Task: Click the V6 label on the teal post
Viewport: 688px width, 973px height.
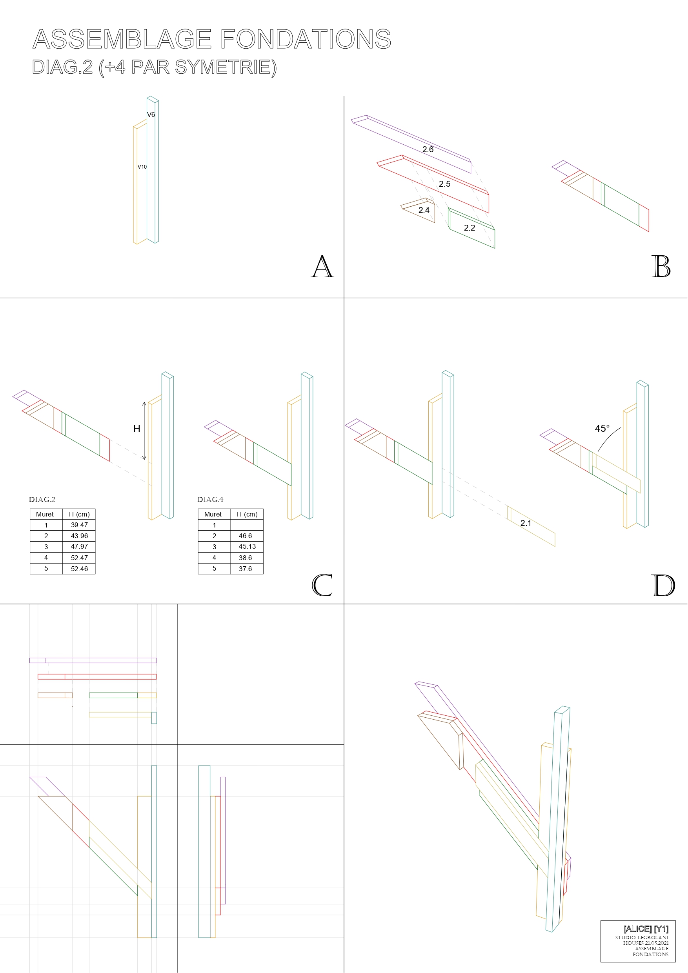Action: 151,115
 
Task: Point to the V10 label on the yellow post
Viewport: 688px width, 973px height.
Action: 142,167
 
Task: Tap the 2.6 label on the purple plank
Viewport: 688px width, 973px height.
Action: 428,149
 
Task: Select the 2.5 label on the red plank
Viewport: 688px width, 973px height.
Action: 445,184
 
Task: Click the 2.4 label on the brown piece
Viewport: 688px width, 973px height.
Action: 424,210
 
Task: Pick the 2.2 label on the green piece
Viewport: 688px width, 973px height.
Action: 469,228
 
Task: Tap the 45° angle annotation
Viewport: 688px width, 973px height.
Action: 602,428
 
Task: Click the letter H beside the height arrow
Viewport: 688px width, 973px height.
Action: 137,429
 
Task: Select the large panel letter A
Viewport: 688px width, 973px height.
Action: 322,266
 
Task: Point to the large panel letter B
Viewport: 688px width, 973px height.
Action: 661,266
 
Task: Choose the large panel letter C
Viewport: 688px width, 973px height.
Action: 322,585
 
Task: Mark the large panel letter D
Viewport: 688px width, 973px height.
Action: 663,585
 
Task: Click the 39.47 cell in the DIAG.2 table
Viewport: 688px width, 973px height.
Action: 79,525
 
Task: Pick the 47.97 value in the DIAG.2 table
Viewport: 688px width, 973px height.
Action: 79,547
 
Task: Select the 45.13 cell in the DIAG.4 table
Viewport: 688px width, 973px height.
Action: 247,547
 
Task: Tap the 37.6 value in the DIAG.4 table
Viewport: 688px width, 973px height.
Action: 246,569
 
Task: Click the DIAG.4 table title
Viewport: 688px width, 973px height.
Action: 210,500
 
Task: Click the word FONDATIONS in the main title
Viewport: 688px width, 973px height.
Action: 306,39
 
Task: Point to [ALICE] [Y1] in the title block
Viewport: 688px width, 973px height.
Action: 646,929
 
